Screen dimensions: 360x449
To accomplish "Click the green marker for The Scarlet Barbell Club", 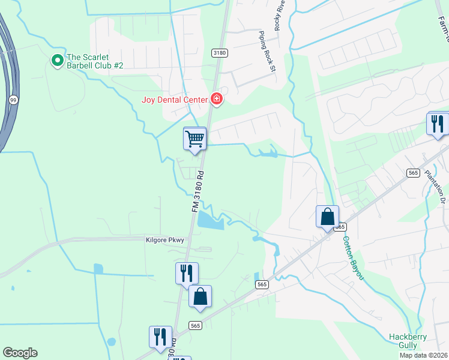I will pos(57,60).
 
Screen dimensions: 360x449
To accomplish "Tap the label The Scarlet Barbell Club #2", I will pos(95,61).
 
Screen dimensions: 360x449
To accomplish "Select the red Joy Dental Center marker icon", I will pos(217,99).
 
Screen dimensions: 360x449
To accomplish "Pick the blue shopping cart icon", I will pos(194,139).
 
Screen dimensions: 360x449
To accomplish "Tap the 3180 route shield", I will pos(220,53).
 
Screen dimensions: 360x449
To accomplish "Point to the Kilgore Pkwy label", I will pos(164,239).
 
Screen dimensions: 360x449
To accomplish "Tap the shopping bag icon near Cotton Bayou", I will pos(328,216).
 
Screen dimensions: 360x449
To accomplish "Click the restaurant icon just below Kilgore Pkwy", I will pos(187,273).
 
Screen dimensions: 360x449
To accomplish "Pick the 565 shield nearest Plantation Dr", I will pos(412,173).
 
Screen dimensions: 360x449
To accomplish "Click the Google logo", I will pos(20,353).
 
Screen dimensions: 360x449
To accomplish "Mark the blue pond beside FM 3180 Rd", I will pos(209,221).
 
